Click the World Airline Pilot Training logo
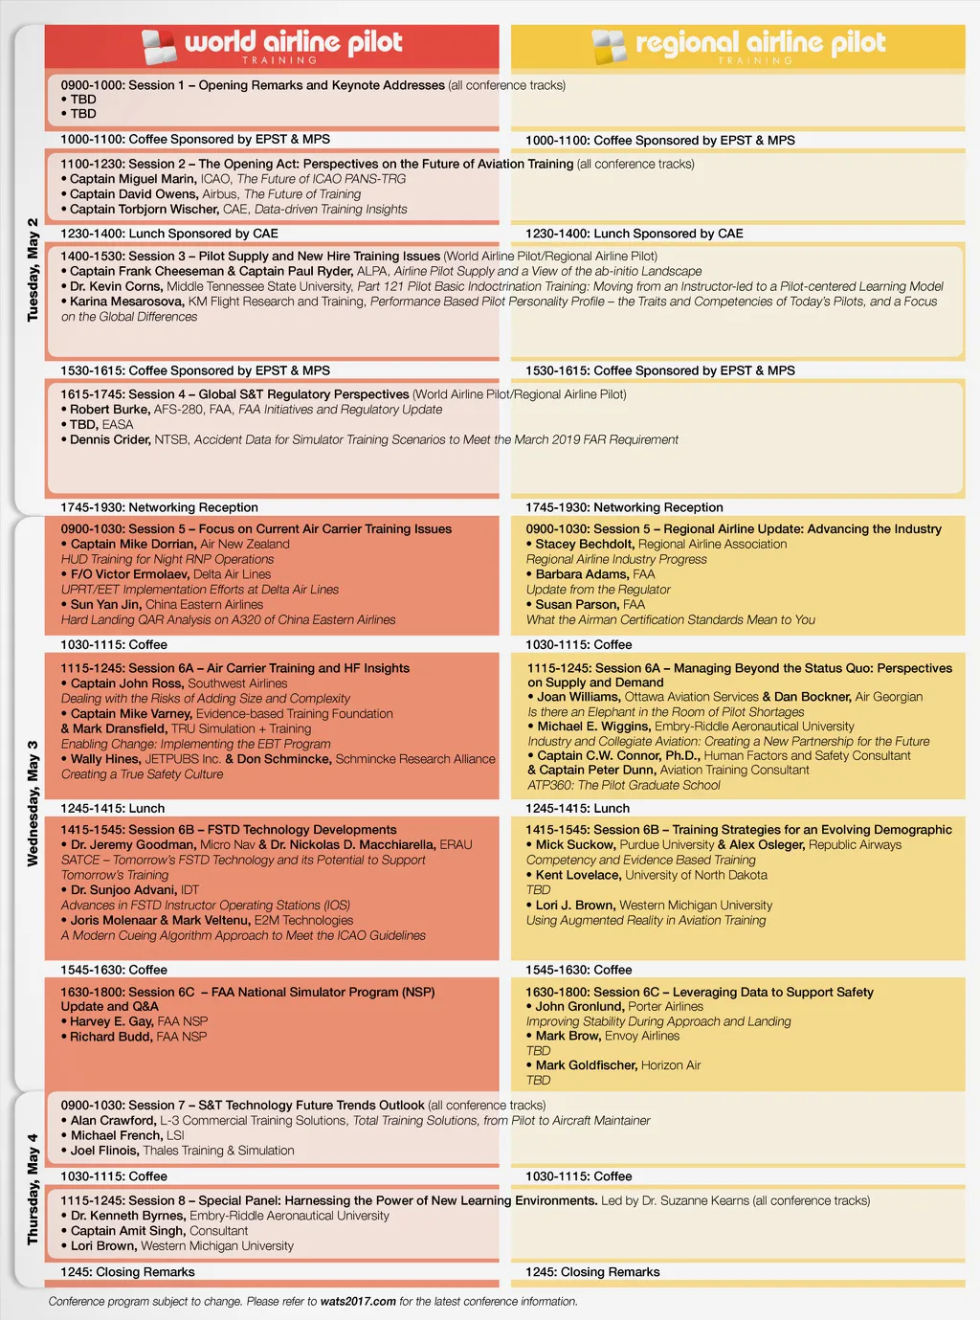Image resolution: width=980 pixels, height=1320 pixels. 272,45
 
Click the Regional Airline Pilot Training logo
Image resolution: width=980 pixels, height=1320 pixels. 738,45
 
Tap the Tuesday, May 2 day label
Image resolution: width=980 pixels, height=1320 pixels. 33,270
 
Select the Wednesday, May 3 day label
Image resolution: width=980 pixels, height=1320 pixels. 33,803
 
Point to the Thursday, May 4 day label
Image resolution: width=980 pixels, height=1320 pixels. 33,1189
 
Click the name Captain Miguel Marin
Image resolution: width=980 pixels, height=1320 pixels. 133,179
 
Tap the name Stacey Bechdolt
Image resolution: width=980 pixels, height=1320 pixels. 584,544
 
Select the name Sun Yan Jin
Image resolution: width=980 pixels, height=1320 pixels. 105,605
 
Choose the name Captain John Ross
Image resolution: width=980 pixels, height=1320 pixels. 126,683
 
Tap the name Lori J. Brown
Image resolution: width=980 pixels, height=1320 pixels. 574,906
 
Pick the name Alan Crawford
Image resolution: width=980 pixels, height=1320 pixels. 112,1121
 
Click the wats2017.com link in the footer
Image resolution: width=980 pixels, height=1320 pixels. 358,1302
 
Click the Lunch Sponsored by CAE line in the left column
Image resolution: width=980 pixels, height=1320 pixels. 169,234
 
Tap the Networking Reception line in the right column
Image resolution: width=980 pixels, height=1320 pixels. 624,507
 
